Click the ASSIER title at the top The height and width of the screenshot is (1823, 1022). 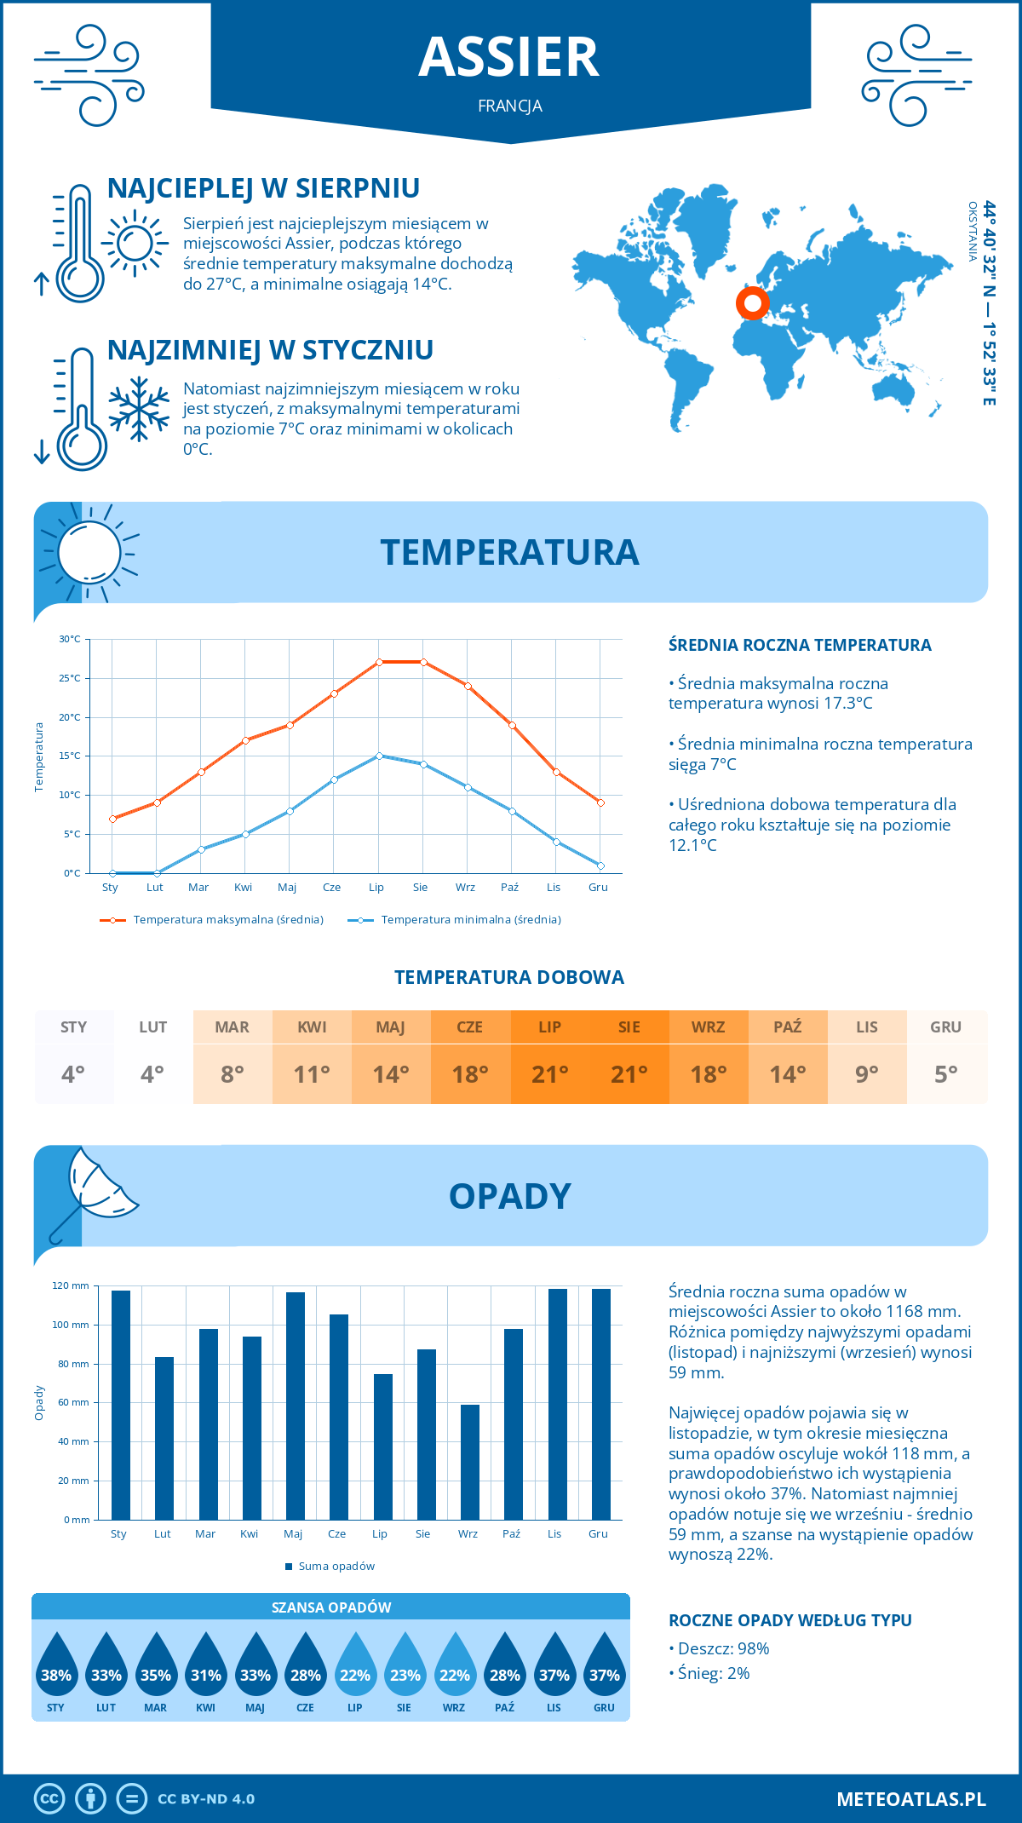509,57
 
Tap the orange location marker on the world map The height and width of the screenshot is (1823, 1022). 752,302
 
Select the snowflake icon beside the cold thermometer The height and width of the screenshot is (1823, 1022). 139,409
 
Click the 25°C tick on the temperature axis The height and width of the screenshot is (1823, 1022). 70,678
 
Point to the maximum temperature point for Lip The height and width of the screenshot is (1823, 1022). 379,662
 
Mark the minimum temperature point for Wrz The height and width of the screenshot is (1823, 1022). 468,787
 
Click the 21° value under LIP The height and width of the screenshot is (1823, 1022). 549,1074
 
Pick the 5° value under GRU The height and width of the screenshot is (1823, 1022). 946,1074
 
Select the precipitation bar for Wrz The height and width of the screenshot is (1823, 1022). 469,1462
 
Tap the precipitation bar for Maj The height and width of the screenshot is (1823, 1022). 295,1406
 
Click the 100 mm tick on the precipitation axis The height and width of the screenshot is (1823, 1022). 71,1325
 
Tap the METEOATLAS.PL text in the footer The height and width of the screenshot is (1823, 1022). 910,1799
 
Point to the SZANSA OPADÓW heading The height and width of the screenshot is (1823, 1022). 330,1607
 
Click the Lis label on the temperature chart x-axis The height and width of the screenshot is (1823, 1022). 554,888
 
